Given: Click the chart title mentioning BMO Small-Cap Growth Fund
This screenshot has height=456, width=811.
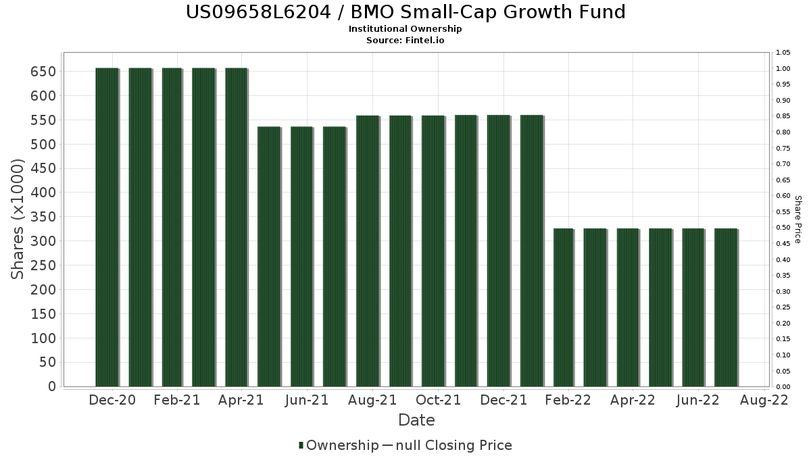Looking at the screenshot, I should click(x=405, y=12).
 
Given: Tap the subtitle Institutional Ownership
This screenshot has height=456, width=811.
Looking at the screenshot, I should click(x=405, y=29).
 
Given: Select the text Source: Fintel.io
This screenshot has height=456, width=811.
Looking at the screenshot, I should click(x=405, y=40).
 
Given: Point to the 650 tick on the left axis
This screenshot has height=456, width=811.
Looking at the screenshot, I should click(x=43, y=72).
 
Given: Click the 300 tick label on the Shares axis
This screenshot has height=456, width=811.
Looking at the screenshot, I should click(x=43, y=241).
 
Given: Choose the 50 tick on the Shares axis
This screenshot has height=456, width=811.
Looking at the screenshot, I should click(x=47, y=362).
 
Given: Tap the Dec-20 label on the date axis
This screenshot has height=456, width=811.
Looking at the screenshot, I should click(x=112, y=400).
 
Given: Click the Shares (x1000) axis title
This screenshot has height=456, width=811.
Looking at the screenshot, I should click(x=18, y=219).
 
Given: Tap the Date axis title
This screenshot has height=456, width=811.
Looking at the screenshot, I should click(x=416, y=420).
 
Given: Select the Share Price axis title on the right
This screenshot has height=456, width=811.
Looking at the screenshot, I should click(x=798, y=220).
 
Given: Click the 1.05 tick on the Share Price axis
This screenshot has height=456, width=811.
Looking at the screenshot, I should click(x=783, y=53).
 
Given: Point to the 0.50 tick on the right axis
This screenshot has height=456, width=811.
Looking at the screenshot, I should click(x=783, y=228).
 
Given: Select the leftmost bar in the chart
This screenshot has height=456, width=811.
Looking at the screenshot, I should click(x=107, y=227).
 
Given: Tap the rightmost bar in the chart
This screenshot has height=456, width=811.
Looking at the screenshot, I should click(x=726, y=307).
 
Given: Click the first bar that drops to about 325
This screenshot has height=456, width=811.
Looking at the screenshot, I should click(x=563, y=307).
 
